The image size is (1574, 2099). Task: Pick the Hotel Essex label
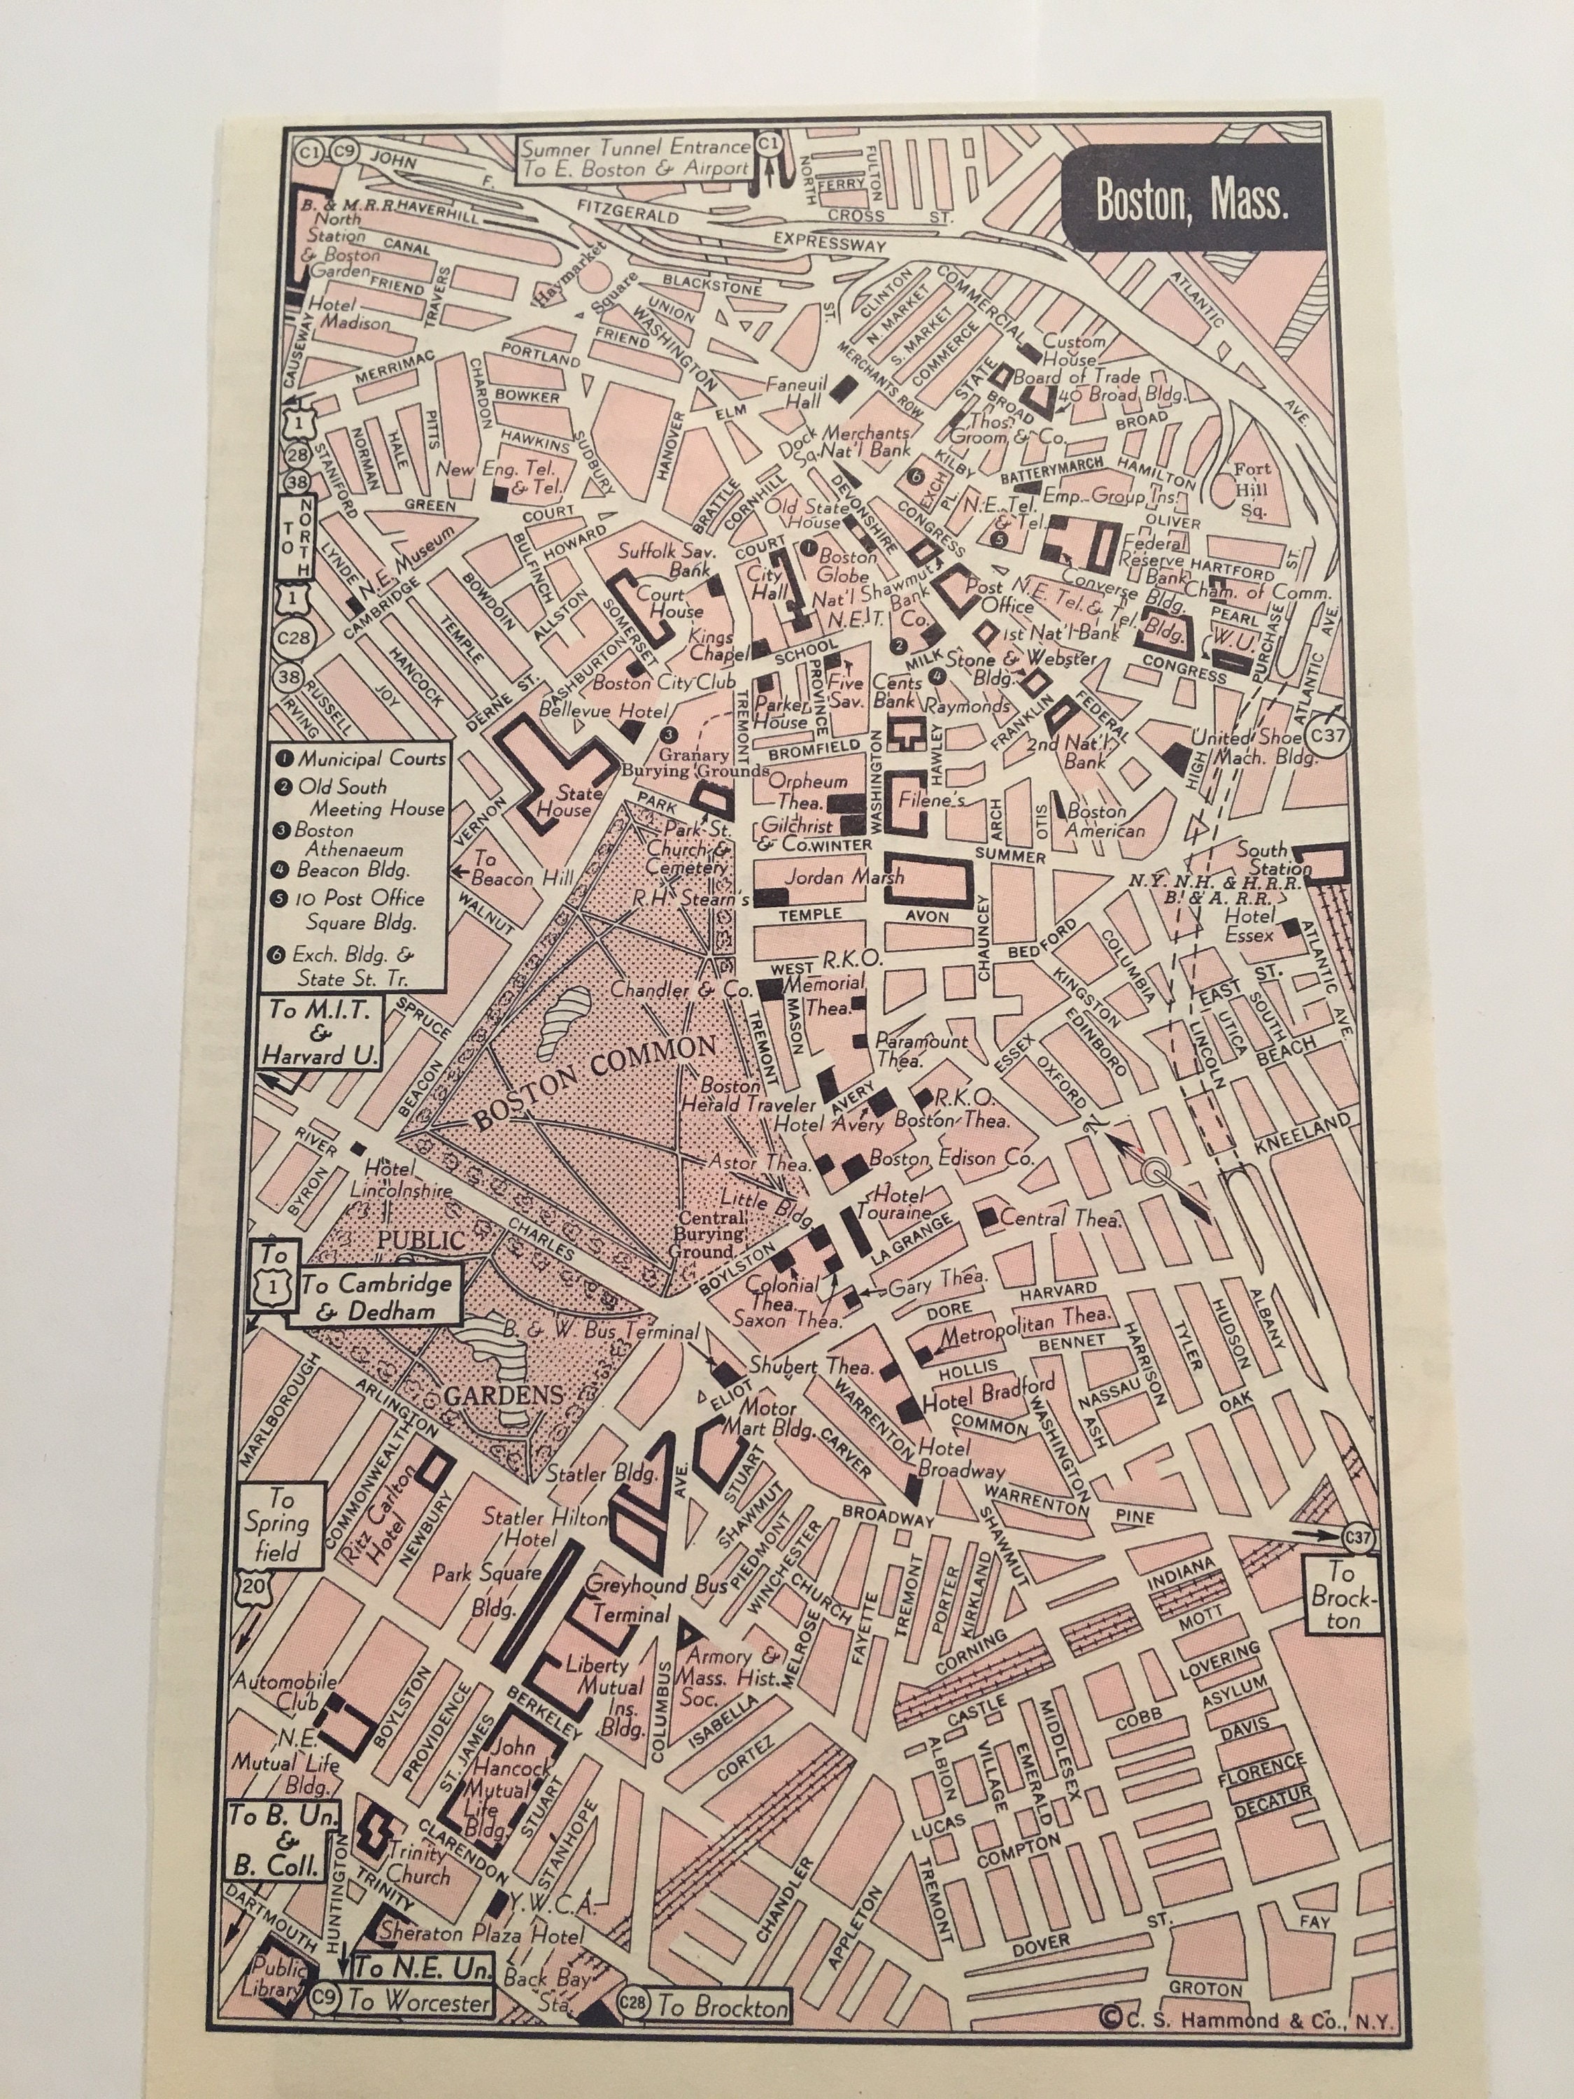1249,927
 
